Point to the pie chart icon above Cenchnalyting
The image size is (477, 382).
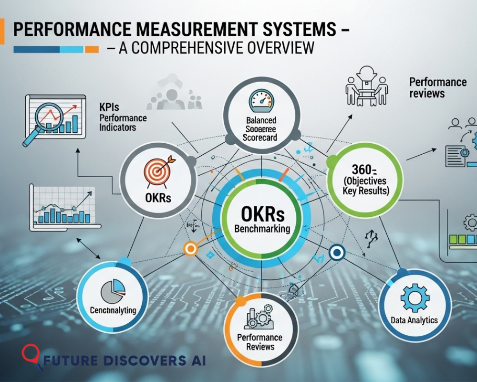113,291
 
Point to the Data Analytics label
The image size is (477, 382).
414,320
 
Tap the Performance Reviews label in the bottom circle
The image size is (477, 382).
260,342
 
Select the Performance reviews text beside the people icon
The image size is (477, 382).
437,87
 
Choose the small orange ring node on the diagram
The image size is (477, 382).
190,248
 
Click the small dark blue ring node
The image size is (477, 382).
337,252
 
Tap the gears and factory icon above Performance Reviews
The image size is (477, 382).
259,318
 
